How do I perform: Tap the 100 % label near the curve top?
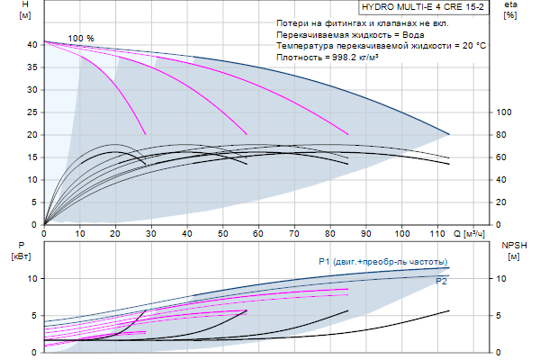click(x=81, y=38)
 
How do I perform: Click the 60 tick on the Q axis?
click(x=258, y=234)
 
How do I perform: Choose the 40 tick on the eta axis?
click(x=503, y=179)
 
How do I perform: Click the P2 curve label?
click(x=442, y=282)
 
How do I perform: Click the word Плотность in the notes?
click(x=301, y=56)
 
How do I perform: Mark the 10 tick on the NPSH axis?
click(x=505, y=279)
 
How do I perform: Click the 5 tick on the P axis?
click(x=33, y=316)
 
